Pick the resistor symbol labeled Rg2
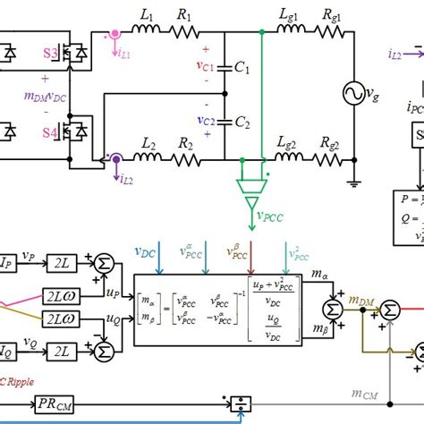coord(331,160)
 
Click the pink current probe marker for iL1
coord(114,37)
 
